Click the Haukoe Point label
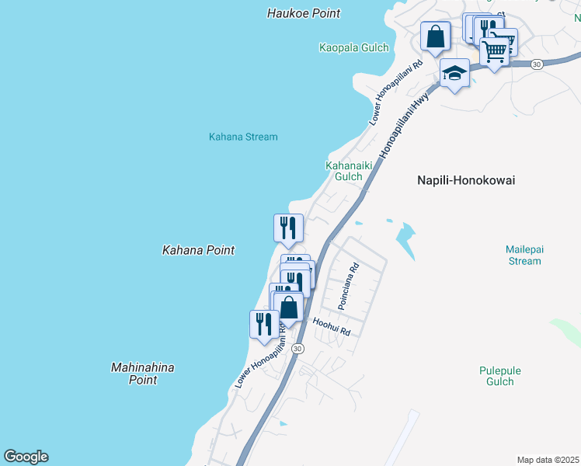pyautogui.click(x=304, y=13)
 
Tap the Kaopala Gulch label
pyautogui.click(x=353, y=47)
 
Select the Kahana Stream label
pyautogui.click(x=243, y=137)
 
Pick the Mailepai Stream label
pyautogui.click(x=524, y=255)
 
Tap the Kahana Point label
pyautogui.click(x=198, y=250)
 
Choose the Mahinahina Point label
pyautogui.click(x=143, y=374)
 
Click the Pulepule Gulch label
pyautogui.click(x=496, y=376)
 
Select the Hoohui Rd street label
pyautogui.click(x=332, y=325)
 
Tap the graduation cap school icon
pyautogui.click(x=454, y=73)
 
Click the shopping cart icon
pyautogui.click(x=495, y=50)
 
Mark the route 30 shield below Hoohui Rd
pyautogui.click(x=297, y=349)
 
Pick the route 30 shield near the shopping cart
pyautogui.click(x=537, y=64)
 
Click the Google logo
pyautogui.click(x=26, y=457)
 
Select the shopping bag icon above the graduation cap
pyautogui.click(x=435, y=36)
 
